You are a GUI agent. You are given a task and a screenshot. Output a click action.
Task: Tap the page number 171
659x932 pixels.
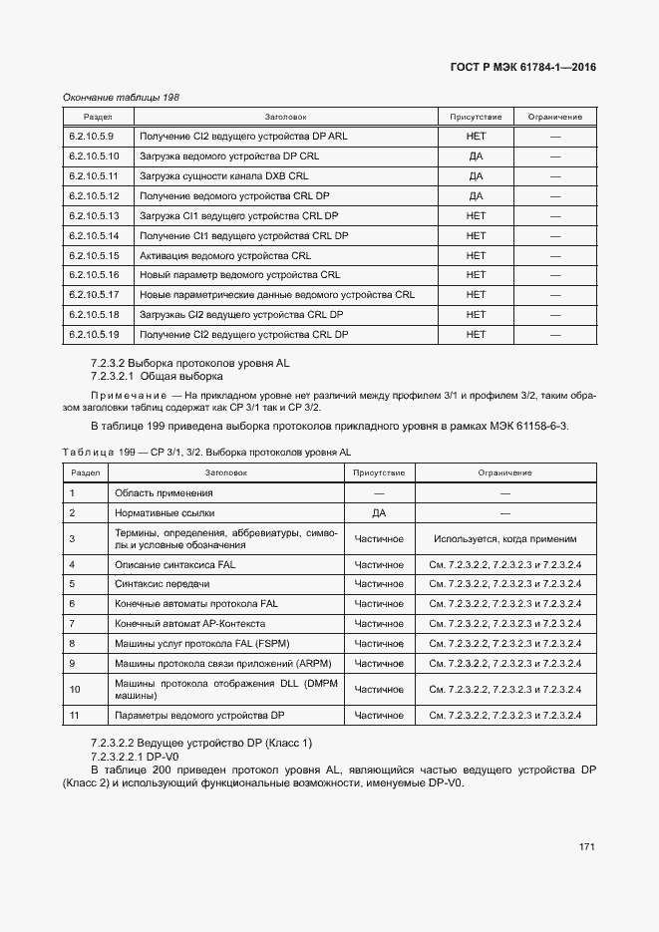coord(586,847)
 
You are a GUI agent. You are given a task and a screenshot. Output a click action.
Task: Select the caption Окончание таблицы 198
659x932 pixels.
coord(121,98)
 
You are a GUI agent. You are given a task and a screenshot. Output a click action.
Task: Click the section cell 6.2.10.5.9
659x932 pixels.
coord(92,136)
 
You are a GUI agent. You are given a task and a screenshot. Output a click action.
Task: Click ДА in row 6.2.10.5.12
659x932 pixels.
coord(476,195)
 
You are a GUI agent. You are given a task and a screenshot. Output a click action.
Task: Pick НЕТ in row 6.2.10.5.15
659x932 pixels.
coord(476,255)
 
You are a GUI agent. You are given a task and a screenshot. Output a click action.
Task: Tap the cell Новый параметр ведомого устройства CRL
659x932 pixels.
coord(239,274)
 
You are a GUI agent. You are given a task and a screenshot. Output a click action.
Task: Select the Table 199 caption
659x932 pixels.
coord(206,453)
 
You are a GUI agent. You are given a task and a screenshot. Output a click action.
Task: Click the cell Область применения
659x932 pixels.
coord(164,492)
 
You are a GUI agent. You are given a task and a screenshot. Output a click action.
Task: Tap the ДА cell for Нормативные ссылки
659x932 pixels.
coord(379,512)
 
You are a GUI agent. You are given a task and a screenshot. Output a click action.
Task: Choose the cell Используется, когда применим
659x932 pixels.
coord(504,538)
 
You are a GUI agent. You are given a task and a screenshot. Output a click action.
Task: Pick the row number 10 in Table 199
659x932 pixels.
coord(74,689)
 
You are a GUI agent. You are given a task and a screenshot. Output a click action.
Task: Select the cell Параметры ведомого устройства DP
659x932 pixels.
coord(200,715)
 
